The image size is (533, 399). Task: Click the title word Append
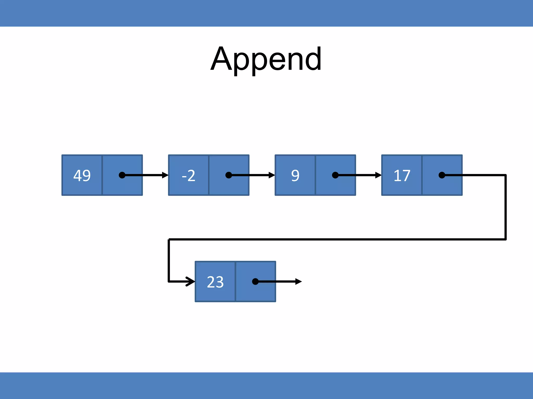(x=266, y=59)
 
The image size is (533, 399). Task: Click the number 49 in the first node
(x=82, y=175)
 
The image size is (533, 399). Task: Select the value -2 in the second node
(x=189, y=175)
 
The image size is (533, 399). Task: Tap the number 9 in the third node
(x=295, y=175)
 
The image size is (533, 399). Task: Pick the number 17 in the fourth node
(x=402, y=175)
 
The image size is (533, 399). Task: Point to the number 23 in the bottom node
(x=215, y=282)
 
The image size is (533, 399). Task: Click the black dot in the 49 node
(x=122, y=175)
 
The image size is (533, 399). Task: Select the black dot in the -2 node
(x=229, y=175)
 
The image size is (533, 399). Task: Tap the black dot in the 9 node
(x=335, y=175)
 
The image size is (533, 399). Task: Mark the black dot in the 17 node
(x=442, y=175)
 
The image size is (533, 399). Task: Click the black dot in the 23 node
(x=255, y=282)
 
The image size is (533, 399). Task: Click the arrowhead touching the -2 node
(x=165, y=175)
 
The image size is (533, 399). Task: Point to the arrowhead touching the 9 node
(x=272, y=175)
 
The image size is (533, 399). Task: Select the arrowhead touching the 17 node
(x=378, y=175)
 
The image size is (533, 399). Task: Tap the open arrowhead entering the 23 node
(x=191, y=281)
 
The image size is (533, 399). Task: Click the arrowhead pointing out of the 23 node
(x=299, y=282)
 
